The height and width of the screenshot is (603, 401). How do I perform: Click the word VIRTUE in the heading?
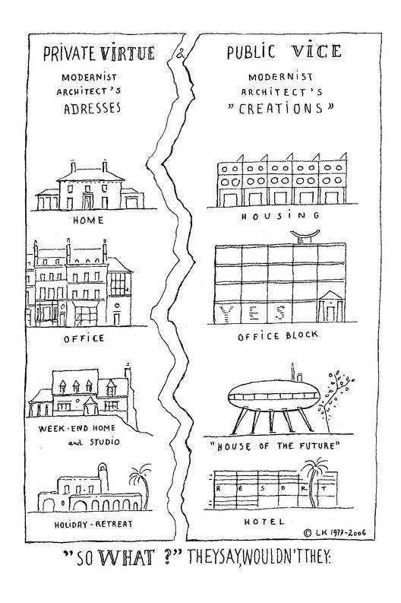[x=127, y=53]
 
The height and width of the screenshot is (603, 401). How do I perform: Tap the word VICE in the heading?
[x=316, y=51]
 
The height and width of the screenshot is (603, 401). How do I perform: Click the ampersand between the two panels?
[x=180, y=54]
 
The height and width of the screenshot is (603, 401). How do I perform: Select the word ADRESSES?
[x=92, y=108]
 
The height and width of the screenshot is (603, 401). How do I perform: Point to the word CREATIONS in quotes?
[x=281, y=109]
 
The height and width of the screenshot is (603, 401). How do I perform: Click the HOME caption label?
[x=88, y=221]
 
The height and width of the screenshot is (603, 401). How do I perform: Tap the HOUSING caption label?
[x=280, y=216]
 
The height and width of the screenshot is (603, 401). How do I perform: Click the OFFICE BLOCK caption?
[x=278, y=336]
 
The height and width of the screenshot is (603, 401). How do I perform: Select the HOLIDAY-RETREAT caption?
[x=93, y=524]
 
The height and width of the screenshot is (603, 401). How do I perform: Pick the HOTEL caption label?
[x=264, y=522]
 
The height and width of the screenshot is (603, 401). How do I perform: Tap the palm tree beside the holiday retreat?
[x=141, y=485]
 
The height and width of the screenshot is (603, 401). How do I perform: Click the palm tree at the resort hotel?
[x=314, y=481]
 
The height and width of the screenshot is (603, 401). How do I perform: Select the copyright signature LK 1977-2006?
[x=335, y=532]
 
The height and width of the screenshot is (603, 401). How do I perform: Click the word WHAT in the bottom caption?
[x=127, y=557]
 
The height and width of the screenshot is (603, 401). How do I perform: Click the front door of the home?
[x=88, y=202]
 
